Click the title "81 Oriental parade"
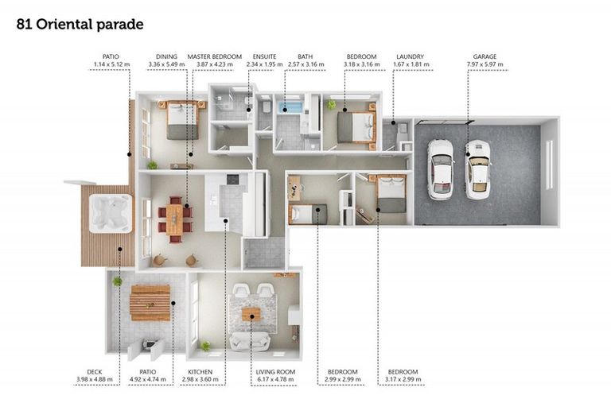[x=80, y=24]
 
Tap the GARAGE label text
[x=485, y=56]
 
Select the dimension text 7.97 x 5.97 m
[x=485, y=64]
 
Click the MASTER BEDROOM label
[x=215, y=56]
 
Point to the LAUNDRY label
[x=410, y=56]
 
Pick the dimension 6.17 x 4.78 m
[x=275, y=379]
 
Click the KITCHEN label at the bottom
[x=200, y=372]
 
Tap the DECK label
[x=95, y=372]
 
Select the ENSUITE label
[x=265, y=56]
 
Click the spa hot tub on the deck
[x=111, y=213]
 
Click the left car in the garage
[x=441, y=169]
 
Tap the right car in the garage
[x=478, y=170]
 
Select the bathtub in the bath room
[x=290, y=107]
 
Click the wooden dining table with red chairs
[x=174, y=219]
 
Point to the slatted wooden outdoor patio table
[x=150, y=303]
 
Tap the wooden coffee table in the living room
[x=251, y=314]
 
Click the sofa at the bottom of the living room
[x=250, y=342]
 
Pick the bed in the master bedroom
[x=182, y=120]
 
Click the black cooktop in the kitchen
[x=232, y=179]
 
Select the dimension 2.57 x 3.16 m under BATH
[x=305, y=64]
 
